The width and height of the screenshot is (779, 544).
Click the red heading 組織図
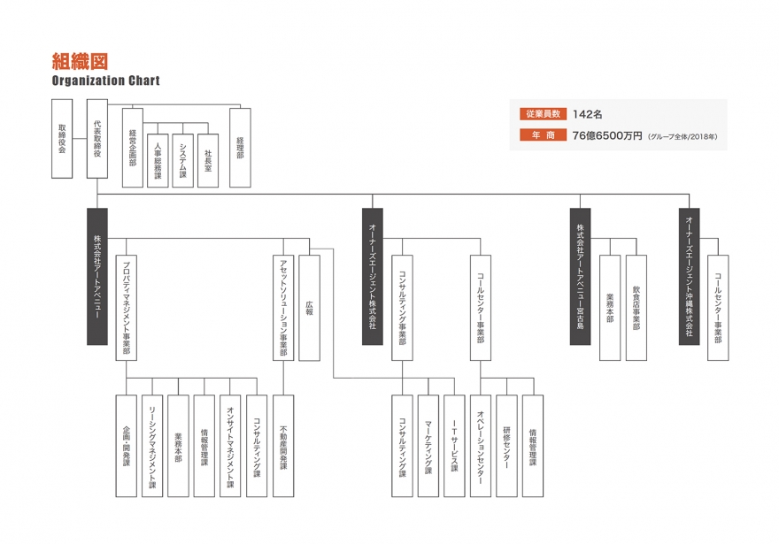[x=80, y=61]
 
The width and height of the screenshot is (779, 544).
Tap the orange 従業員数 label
[x=541, y=114]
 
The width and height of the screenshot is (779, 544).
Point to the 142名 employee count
[x=588, y=114]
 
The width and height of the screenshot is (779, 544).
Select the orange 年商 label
[x=541, y=135]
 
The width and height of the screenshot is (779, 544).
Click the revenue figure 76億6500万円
[x=607, y=135]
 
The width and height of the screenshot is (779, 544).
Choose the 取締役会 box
[x=62, y=139]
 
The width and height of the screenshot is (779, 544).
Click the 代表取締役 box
[x=97, y=139]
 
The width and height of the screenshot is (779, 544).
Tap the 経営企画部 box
[x=133, y=147]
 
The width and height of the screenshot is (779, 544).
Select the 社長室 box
[x=208, y=160]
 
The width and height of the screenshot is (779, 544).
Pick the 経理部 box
[x=240, y=147]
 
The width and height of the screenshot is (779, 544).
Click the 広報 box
[x=309, y=308]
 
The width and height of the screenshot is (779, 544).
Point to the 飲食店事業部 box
[x=636, y=308]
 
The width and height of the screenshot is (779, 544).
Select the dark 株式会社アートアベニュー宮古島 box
[x=580, y=276]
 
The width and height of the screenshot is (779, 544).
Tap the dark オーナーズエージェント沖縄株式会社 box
[x=689, y=276]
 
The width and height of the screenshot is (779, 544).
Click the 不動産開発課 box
[x=283, y=445]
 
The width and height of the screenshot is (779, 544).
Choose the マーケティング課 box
[x=428, y=445]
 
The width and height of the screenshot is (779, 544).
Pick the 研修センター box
[x=506, y=445]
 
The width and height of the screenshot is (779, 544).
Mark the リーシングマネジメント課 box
[x=152, y=445]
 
